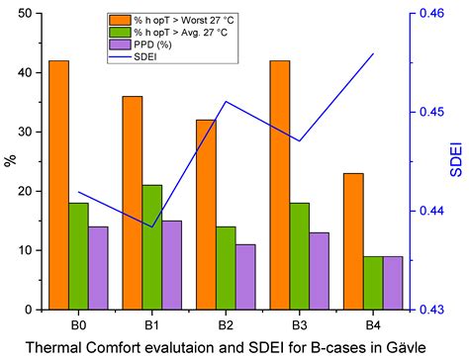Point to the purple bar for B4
393,283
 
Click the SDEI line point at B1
152,226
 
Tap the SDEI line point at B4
373,53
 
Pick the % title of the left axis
9,161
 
